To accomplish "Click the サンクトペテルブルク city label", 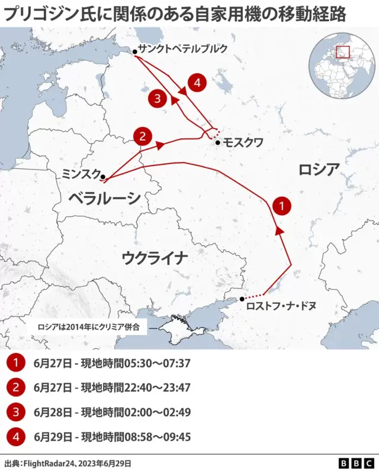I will coord(182,49).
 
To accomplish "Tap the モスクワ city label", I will coord(243,142).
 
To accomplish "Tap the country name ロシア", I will coord(319,170).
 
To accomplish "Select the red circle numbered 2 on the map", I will coord(142,137).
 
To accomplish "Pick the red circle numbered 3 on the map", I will coord(158,98).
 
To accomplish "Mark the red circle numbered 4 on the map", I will coord(197,82).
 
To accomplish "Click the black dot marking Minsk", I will coord(103,176).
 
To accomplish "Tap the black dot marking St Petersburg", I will coord(135,52).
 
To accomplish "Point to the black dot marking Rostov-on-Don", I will coord(242,300).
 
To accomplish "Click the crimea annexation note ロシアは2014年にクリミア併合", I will coord(92,326).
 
